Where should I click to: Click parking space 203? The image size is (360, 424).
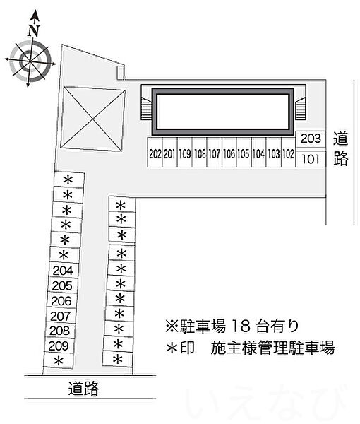[x=311, y=139]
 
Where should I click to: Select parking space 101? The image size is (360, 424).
[x=311, y=159]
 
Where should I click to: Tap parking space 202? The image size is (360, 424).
[x=155, y=153]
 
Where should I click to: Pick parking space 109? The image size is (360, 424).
[x=185, y=153]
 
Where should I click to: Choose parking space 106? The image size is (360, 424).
[x=229, y=153]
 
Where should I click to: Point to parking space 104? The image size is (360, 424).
[x=259, y=153]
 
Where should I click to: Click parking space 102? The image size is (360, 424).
[x=289, y=153]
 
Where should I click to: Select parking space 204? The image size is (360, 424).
[x=64, y=271]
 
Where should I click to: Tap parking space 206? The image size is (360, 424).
[x=62, y=301]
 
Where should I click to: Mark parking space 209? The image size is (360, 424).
[x=59, y=346]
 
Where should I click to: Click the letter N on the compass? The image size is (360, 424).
[x=34, y=30]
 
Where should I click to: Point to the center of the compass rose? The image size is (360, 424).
[x=30, y=62]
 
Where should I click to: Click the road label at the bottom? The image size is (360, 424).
[x=83, y=388]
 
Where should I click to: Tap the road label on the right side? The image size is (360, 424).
[x=340, y=148]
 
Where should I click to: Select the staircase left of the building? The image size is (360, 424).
[x=146, y=109]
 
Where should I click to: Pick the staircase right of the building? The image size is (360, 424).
[x=300, y=109]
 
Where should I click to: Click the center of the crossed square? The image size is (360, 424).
[x=92, y=119]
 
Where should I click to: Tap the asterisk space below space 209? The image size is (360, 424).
[x=59, y=360]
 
